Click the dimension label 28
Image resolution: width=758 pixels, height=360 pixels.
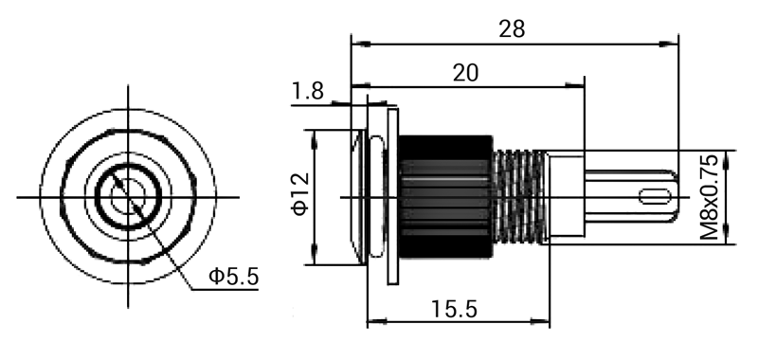click(x=512, y=29)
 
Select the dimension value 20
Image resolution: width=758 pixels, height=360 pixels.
click(x=465, y=73)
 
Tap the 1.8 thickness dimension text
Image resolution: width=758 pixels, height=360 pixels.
click(x=308, y=91)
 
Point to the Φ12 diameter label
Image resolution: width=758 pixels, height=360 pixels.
click(x=300, y=194)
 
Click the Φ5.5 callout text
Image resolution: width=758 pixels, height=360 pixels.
click(x=234, y=277)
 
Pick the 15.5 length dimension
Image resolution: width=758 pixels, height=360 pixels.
click(x=454, y=309)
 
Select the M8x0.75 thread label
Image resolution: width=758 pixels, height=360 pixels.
click(x=709, y=197)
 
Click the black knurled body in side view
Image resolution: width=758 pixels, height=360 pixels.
click(x=445, y=197)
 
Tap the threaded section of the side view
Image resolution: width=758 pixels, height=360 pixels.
click(x=519, y=197)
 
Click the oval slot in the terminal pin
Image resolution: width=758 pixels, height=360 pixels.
click(x=655, y=197)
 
